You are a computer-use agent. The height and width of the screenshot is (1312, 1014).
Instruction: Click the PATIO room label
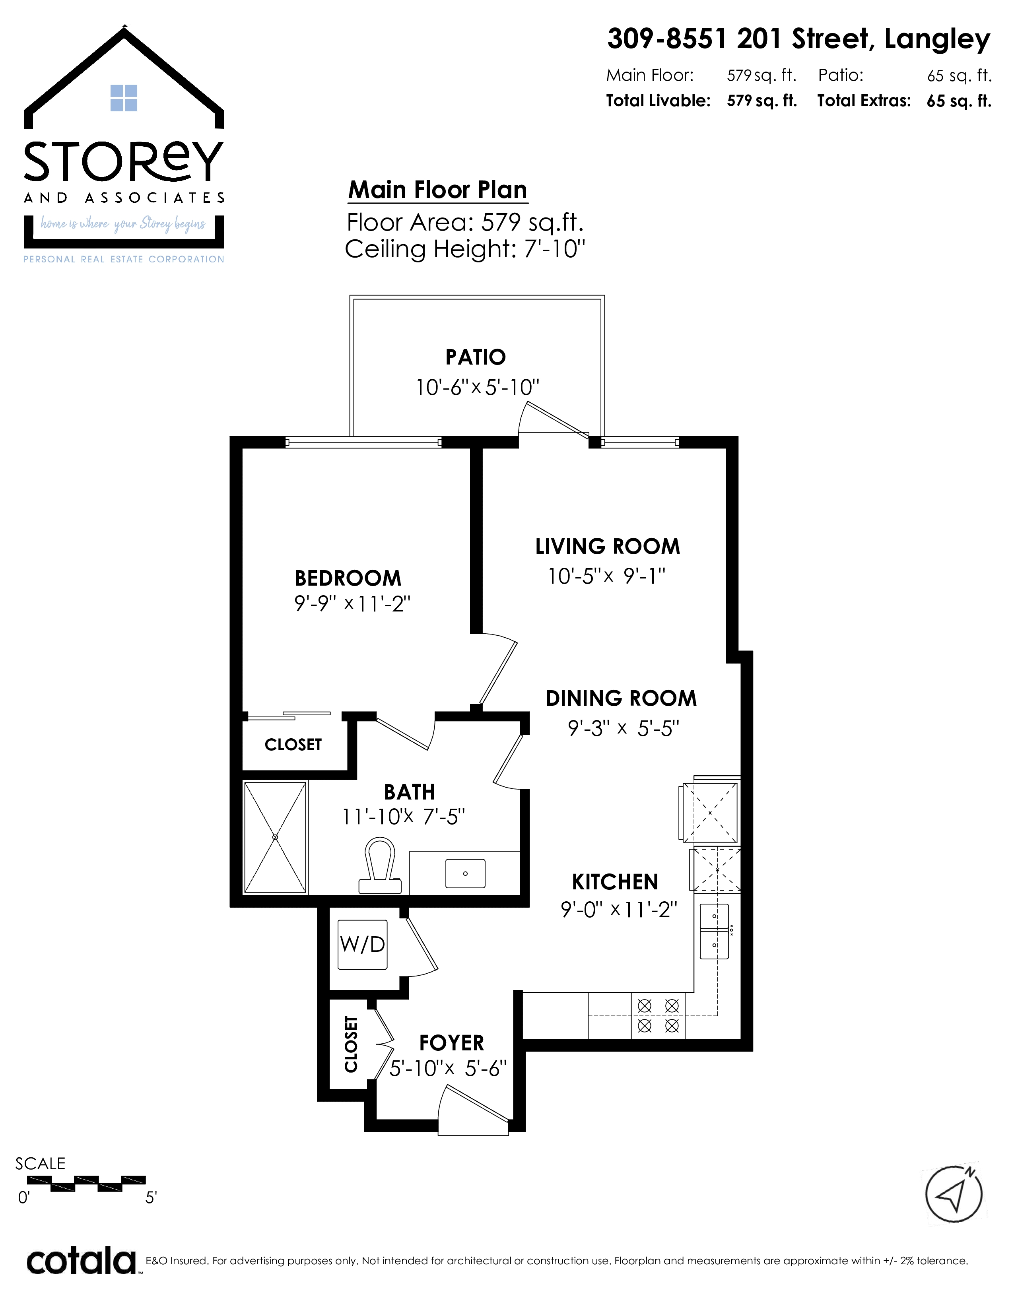point(475,357)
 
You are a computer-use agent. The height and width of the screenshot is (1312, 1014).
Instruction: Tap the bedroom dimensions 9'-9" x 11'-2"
point(352,603)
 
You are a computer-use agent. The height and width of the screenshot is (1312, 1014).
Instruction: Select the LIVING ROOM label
point(607,547)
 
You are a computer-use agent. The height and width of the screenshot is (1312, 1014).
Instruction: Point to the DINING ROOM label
point(621,698)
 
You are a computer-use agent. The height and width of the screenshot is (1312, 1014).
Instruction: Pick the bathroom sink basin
point(465,873)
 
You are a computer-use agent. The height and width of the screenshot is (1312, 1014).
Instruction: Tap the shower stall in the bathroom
point(275,837)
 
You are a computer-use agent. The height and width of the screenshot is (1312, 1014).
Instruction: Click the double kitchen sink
point(714,932)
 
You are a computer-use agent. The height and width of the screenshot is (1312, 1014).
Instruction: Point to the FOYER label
point(451,1043)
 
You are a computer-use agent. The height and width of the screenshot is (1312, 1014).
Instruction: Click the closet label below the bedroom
point(293,745)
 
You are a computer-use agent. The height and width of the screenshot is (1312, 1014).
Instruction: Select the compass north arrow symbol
point(954,1194)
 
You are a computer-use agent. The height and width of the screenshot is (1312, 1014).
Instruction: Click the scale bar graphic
point(87,1184)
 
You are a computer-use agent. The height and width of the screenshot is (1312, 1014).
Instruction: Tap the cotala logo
point(82,1262)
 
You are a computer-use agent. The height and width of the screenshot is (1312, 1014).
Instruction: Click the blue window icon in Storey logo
point(124,98)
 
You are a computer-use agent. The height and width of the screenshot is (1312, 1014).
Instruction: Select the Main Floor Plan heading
point(438,190)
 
